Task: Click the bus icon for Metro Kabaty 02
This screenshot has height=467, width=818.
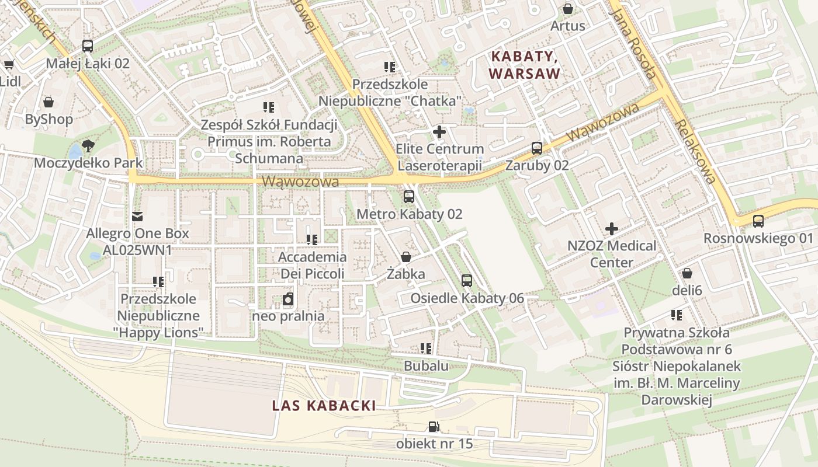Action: click(408, 197)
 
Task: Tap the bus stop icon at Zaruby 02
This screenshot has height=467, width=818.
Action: click(536, 148)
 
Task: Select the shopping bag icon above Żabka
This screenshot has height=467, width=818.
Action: click(405, 257)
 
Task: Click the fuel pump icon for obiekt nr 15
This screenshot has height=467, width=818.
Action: click(434, 427)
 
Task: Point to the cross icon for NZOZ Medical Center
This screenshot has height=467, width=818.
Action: click(612, 228)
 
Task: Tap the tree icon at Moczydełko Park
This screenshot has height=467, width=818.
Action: click(88, 145)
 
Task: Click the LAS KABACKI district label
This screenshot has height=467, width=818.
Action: click(324, 406)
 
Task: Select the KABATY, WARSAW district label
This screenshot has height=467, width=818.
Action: click(525, 65)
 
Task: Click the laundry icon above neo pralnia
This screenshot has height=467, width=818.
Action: click(287, 299)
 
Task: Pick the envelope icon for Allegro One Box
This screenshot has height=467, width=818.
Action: click(137, 217)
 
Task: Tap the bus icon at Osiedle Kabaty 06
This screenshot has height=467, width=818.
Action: click(466, 281)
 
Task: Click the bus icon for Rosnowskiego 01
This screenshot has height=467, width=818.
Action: click(758, 221)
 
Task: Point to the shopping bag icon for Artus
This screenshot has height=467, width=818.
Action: click(567, 9)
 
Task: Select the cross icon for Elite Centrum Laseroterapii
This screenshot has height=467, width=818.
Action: click(439, 132)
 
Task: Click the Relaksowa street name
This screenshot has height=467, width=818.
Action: click(694, 152)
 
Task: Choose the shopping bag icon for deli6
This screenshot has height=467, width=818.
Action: click(687, 273)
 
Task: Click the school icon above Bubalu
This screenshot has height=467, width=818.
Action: click(426, 348)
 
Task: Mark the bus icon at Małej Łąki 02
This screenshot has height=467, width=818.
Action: click(88, 46)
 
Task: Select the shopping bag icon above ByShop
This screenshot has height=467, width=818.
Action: click(48, 102)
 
